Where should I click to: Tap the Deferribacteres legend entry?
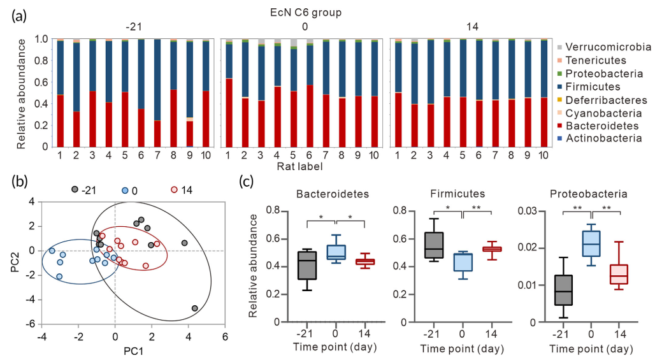[x=606, y=100]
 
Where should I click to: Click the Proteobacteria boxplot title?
[x=591, y=194]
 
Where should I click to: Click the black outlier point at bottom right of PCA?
[x=194, y=308]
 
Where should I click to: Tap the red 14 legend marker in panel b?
[x=175, y=190]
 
